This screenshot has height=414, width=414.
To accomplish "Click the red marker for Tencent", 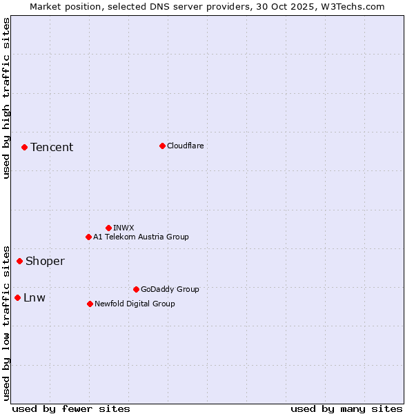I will (24, 147).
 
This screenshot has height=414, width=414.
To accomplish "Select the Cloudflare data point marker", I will (162, 146).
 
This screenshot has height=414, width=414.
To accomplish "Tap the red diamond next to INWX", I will (108, 228).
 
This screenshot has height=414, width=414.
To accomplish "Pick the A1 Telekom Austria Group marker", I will (88, 237).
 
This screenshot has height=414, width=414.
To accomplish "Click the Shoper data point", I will (19, 261).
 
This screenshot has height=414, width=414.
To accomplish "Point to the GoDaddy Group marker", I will (136, 289).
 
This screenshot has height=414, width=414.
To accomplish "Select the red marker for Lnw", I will (17, 297).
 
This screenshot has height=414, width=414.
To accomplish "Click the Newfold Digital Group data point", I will (90, 304).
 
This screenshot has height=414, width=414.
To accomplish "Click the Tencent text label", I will (52, 147).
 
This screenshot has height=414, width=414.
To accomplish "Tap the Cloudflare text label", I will (185, 146).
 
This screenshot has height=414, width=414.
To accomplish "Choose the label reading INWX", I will (124, 228).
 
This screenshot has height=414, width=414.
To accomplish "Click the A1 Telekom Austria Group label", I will (141, 237).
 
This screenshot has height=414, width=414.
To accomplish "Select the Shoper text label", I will (45, 261).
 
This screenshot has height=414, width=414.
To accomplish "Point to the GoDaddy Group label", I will (170, 289).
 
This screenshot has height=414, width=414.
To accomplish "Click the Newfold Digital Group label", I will (135, 304).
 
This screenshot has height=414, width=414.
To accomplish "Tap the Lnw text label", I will (34, 297).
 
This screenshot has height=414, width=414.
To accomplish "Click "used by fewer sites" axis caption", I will (71, 408).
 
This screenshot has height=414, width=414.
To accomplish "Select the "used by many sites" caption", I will (346, 408).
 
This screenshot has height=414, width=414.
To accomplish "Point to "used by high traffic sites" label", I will (6, 99).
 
